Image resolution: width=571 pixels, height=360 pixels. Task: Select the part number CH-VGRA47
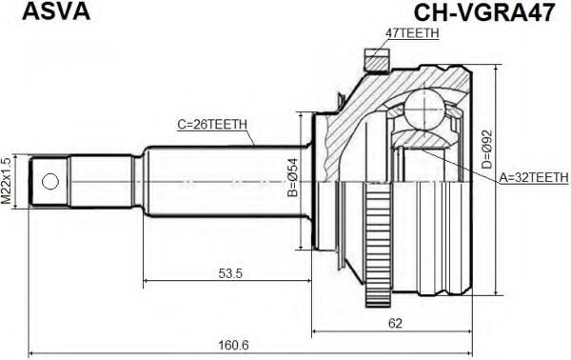(484, 12)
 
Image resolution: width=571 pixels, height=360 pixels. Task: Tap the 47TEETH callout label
(412, 33)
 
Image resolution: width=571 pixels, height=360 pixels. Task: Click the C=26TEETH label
(212, 125)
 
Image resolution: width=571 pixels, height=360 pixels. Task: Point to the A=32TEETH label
(534, 177)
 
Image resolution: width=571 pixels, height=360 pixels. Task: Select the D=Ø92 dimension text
(487, 150)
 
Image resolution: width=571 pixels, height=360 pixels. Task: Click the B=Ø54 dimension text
(292, 178)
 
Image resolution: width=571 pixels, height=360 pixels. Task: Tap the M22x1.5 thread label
(7, 181)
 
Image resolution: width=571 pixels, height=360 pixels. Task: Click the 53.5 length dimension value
(230, 273)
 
